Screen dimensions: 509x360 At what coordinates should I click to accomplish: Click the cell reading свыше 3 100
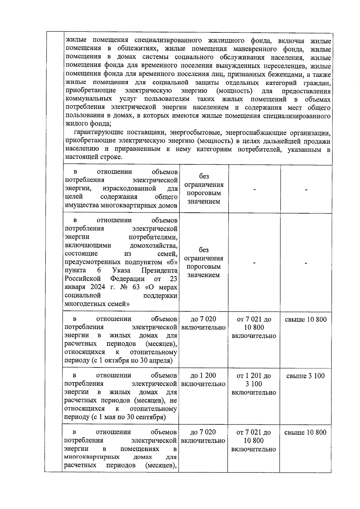[305, 376]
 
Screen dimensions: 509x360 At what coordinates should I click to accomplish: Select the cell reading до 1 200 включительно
[203, 380]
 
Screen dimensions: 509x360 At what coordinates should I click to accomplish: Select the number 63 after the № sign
[136, 287]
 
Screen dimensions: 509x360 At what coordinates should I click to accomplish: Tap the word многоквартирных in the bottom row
[92, 457]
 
